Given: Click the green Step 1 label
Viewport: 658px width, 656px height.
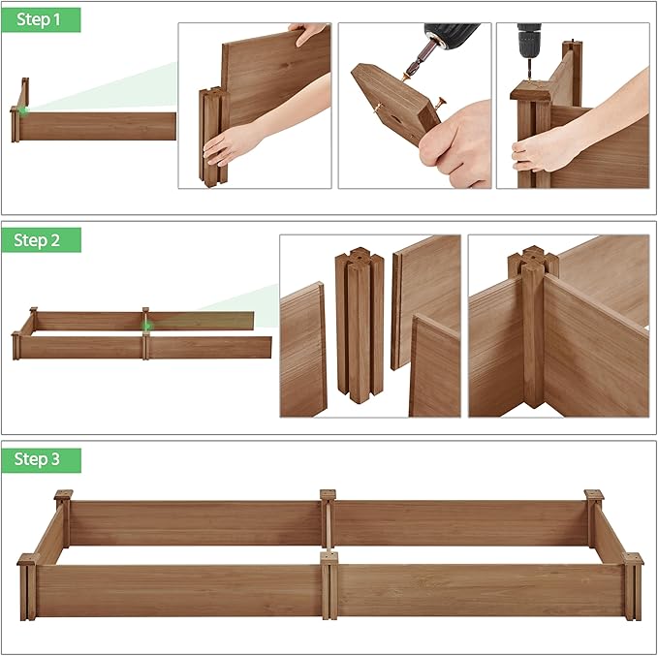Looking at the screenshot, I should pos(40,20).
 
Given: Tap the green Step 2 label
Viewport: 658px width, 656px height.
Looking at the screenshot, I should pos(40,240).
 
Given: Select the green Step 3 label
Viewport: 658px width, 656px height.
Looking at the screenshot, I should pos(40,459).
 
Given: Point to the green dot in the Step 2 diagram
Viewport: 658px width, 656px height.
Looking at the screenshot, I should pos(147,326).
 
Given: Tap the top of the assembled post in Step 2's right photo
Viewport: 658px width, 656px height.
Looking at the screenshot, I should pos(532,261).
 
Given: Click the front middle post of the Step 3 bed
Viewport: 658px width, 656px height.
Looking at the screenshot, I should pos(329,585).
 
